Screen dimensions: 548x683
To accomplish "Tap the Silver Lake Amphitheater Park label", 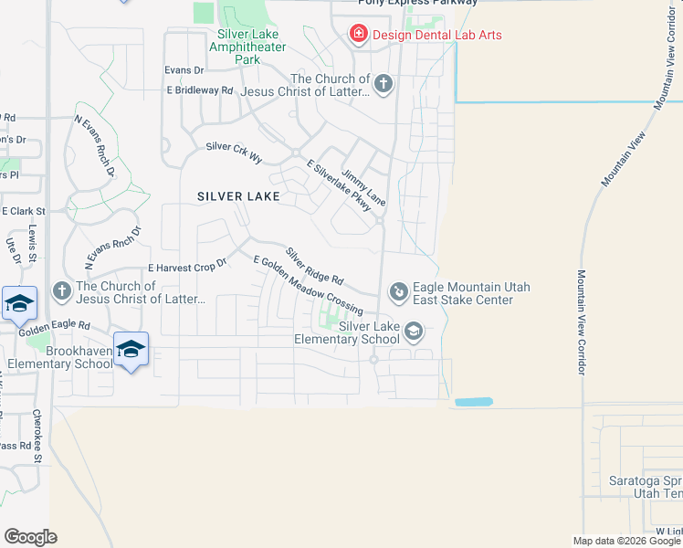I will (236, 47).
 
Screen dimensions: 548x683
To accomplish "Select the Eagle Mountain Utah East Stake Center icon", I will (399, 291).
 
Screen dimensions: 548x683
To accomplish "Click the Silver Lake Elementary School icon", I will (414, 331).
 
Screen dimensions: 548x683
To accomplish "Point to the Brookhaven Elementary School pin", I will (131, 348).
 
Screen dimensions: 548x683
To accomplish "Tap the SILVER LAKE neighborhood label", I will (239, 196).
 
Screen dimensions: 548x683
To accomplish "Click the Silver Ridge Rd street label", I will (314, 266).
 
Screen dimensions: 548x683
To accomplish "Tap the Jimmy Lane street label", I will (363, 187).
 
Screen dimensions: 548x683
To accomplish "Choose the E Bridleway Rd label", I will (200, 90).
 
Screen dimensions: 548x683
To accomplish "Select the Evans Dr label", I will (184, 70).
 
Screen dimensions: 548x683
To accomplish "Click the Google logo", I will (30, 536).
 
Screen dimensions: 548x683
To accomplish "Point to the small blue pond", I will (473, 402).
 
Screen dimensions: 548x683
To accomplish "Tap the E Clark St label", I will (23, 210).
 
